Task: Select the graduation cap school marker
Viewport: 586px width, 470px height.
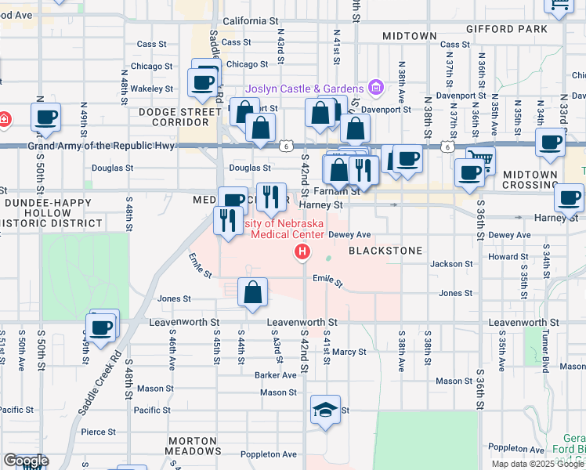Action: tap(325, 410)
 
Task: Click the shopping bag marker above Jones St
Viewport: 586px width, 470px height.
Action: tap(252, 293)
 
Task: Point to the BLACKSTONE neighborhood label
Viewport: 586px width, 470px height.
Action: tap(385, 251)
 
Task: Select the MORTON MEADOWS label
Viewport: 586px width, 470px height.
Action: tap(191, 446)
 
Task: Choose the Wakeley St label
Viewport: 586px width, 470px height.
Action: tap(152, 89)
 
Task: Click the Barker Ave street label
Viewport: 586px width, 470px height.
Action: tap(276, 375)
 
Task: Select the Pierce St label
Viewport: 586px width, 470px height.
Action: tap(98, 432)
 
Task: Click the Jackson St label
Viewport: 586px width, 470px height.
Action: tap(450, 265)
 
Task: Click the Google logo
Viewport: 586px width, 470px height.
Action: tap(26, 461)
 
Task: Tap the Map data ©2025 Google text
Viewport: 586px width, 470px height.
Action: tap(537, 464)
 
